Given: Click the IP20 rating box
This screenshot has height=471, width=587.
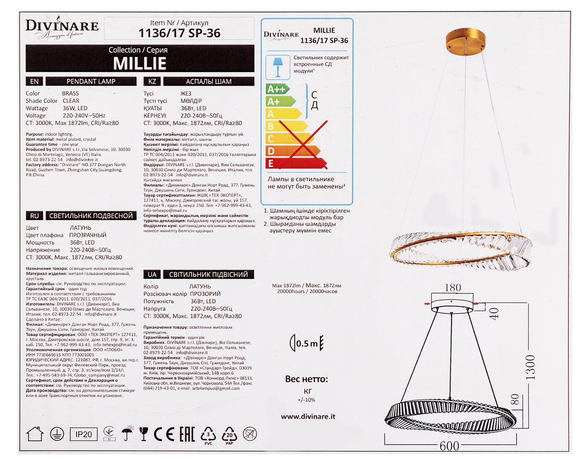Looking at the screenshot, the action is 84,434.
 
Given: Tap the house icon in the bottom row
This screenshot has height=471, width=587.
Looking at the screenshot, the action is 35,434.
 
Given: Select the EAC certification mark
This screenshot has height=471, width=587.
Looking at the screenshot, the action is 187,434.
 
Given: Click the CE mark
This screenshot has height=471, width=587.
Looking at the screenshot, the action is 164,434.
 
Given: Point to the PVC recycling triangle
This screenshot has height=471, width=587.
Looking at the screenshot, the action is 208,435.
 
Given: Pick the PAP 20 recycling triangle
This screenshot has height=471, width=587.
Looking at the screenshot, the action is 230,435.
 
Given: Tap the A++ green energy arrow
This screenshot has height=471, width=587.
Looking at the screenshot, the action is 278,89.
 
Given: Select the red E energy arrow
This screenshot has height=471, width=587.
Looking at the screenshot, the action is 296,163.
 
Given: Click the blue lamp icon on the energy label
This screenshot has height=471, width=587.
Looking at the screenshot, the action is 278,67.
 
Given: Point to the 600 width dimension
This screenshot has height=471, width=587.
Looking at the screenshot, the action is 449,446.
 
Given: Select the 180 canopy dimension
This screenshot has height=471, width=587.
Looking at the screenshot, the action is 453,287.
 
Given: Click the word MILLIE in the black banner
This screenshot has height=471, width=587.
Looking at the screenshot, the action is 140,63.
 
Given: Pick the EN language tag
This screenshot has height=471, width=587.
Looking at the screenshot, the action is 34,81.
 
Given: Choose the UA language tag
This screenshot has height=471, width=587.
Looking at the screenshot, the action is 152,275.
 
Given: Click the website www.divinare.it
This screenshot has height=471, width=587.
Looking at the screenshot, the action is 308,416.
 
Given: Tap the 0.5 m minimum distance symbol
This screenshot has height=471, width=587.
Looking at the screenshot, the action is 306,343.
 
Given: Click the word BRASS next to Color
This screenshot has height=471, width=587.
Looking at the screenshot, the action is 70,93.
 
